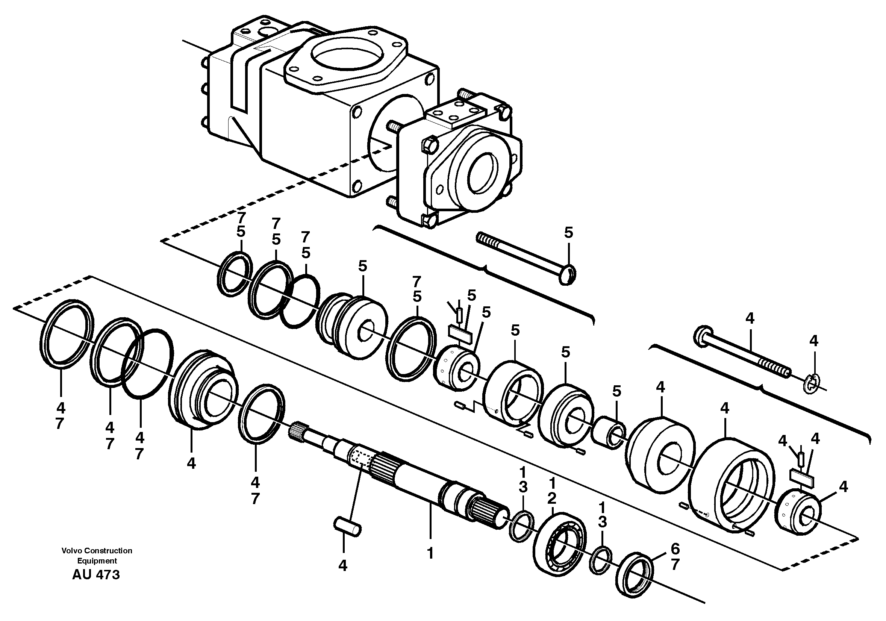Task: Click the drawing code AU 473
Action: click(96, 575)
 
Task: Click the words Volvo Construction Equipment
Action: click(97, 555)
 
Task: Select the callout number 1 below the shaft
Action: click(430, 554)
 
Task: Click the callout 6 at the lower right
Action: click(674, 548)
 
